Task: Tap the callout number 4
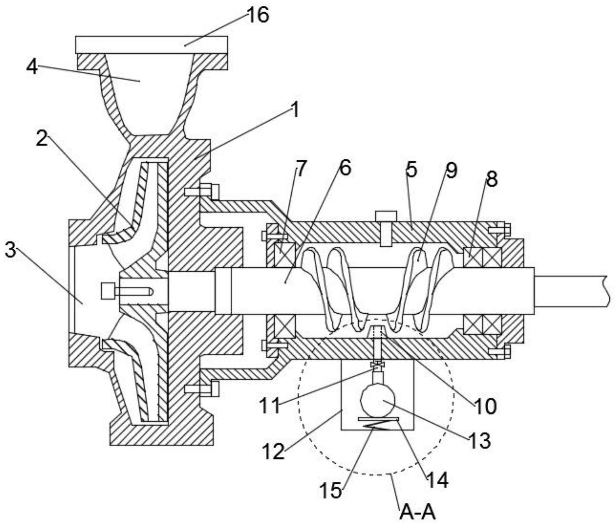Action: tap(32, 67)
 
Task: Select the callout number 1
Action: tap(294, 110)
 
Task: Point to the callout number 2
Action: tap(42, 139)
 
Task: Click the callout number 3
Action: tap(11, 251)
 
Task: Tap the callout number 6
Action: tap(345, 168)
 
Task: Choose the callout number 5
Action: tap(411, 170)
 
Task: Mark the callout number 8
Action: tap(492, 179)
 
